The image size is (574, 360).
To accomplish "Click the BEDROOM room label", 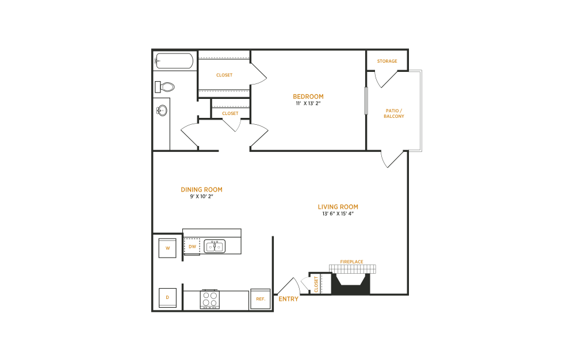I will (x=308, y=97).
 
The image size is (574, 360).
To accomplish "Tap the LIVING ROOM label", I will (x=338, y=207).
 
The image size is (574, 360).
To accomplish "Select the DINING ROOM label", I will (x=201, y=190).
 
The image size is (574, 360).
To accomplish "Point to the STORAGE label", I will (x=387, y=61).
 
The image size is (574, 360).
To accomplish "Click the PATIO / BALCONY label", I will (x=394, y=113).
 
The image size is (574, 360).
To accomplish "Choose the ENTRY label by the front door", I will (x=288, y=299).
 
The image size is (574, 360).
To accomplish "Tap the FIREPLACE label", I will (x=351, y=262).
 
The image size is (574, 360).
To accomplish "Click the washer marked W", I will (x=167, y=248).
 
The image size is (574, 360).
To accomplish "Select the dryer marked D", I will (x=167, y=298).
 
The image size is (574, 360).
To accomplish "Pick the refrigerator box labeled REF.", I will (x=260, y=299).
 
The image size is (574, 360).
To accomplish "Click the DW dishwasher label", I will (x=192, y=247).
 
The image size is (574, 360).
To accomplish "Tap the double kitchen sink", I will (x=215, y=247).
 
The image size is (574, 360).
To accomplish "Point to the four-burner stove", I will (x=209, y=299).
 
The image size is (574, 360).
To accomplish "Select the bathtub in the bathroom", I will (x=174, y=61).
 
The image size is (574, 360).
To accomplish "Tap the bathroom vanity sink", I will (x=162, y=110).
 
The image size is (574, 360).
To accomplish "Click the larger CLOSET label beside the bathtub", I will (x=224, y=75).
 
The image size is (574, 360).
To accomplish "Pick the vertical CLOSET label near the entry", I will (x=316, y=284).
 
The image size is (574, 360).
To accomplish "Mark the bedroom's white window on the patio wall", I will (x=366, y=101).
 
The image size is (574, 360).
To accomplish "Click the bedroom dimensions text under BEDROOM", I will (x=308, y=104).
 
